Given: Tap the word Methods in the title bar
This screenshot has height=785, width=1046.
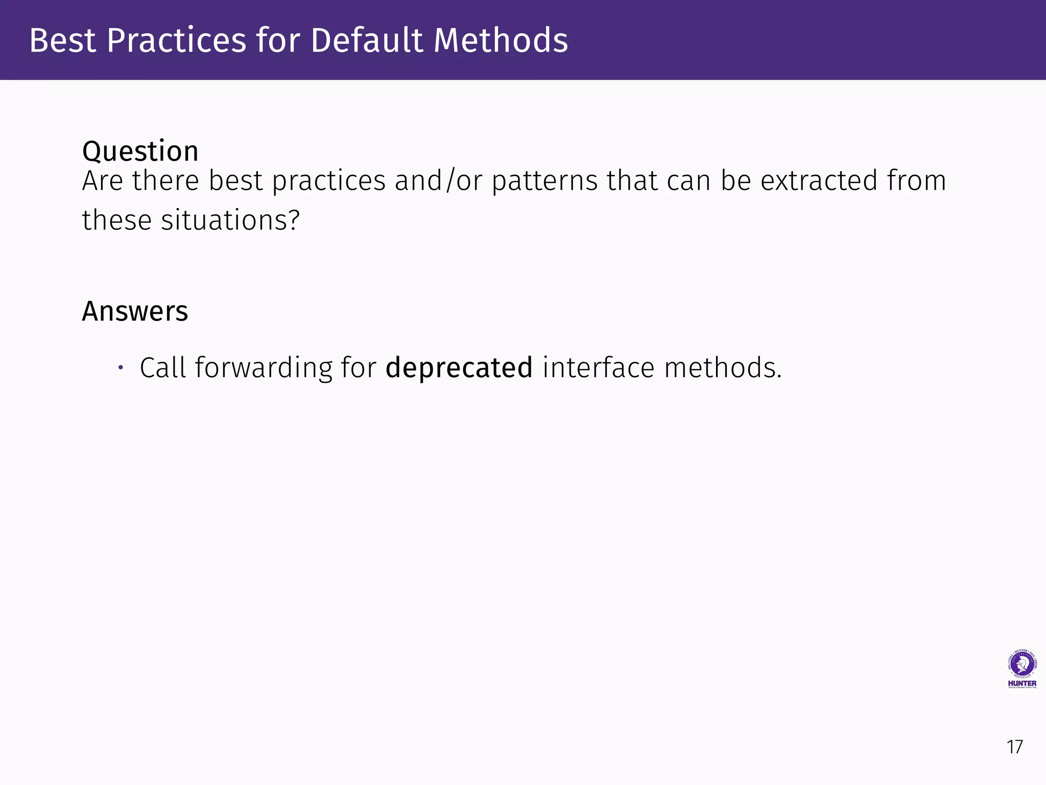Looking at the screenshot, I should pos(501,40).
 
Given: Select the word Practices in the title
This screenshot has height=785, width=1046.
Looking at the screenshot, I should pos(176,40).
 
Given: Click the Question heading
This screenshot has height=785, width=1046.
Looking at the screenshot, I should pos(140,151).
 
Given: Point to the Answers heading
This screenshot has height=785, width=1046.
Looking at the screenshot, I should pos(135,311).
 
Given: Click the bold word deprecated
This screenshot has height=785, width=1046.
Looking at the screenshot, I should pos(459,368).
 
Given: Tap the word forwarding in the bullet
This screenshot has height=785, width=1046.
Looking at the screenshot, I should pos(264,368).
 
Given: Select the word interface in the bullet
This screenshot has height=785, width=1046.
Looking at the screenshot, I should pos(598,368).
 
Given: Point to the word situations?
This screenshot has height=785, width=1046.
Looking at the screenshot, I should pos(230,221).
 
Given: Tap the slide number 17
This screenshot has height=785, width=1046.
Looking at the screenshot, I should pos(1014,747).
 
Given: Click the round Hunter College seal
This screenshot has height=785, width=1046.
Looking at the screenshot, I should pos(1022,664).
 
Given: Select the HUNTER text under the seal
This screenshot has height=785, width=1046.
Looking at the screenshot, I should pos(1022,683).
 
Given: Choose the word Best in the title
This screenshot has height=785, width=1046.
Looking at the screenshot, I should pos(62,40).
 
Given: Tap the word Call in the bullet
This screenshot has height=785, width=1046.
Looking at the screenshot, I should pos(162,368).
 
